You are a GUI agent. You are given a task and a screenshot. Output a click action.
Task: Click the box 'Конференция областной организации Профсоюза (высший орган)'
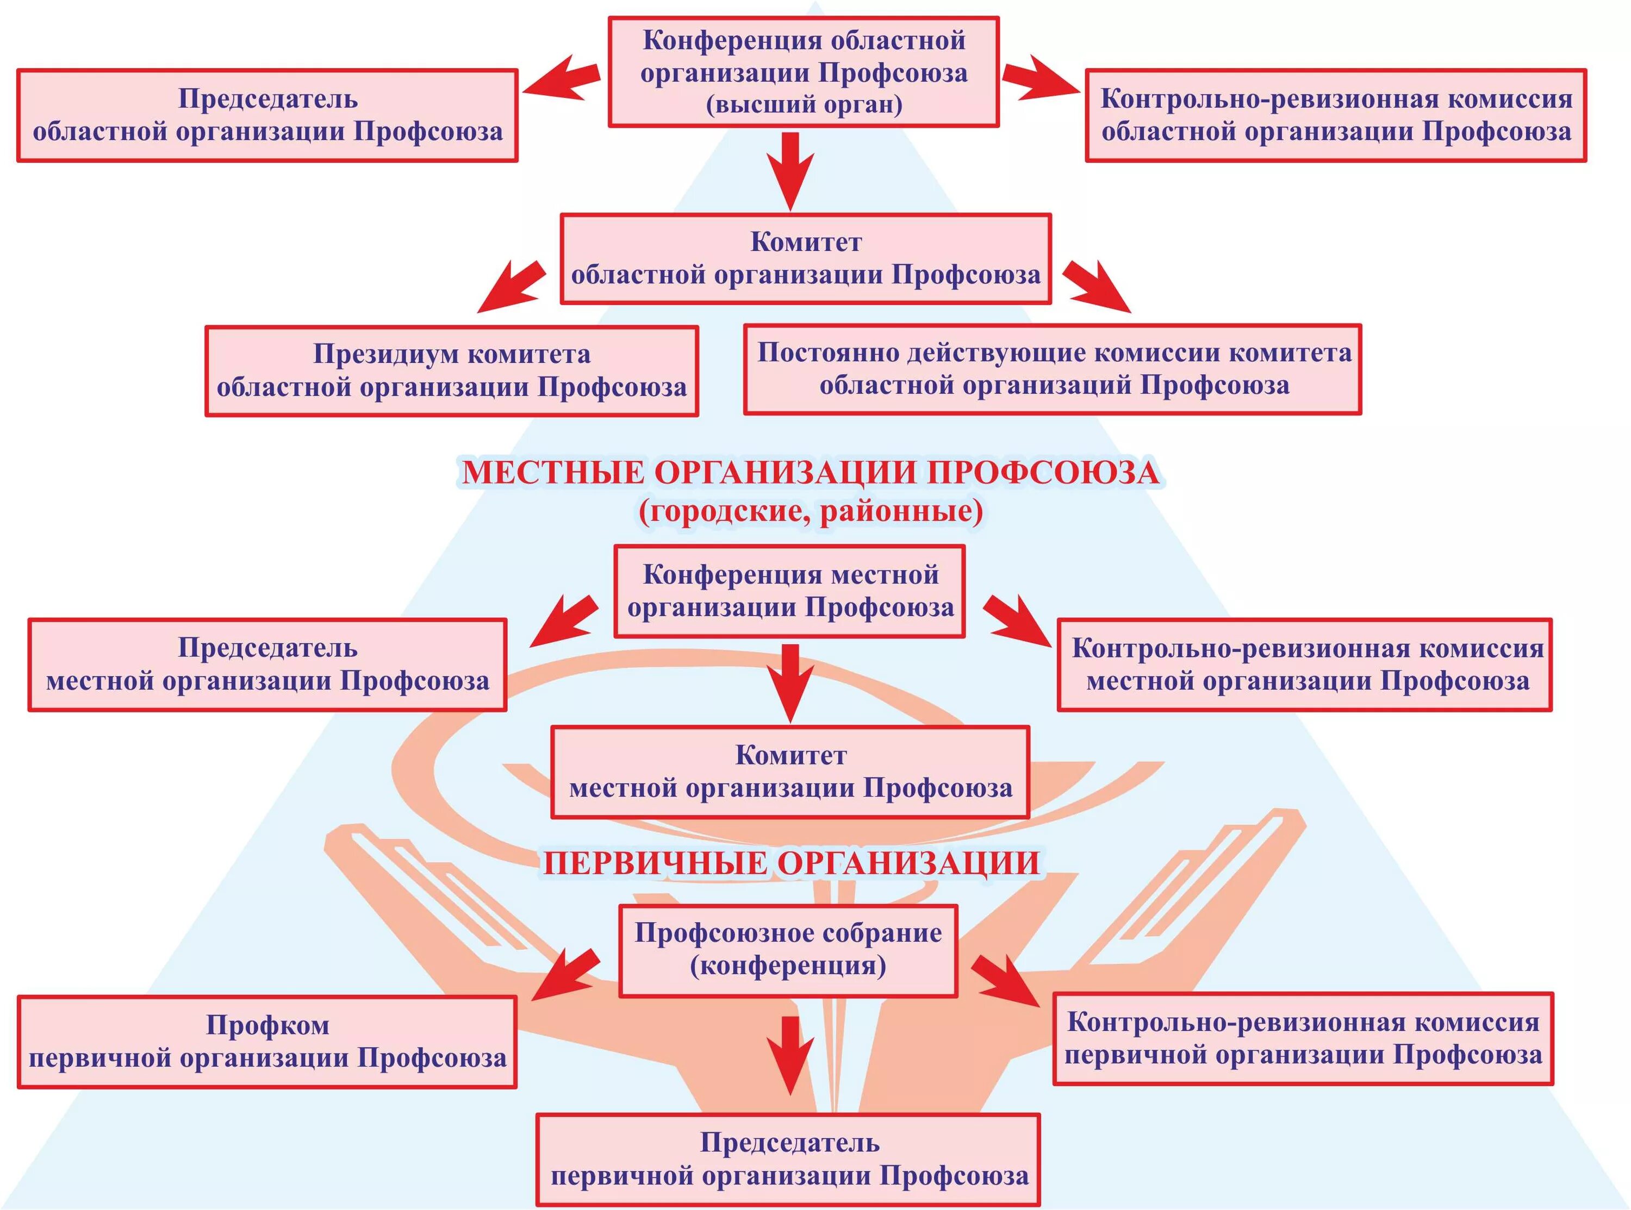click(x=804, y=72)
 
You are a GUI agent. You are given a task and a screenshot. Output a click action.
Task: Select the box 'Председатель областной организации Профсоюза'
click(x=267, y=116)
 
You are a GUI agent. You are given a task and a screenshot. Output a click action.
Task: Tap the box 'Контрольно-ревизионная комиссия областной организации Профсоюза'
click(x=1336, y=116)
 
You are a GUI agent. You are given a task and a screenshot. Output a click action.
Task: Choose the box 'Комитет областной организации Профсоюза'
click(x=805, y=259)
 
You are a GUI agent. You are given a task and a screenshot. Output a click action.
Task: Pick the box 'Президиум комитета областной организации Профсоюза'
click(x=451, y=371)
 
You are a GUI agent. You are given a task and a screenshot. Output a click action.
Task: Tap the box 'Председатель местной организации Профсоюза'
click(x=267, y=665)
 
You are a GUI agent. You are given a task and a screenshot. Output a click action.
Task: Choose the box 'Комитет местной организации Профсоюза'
click(x=790, y=772)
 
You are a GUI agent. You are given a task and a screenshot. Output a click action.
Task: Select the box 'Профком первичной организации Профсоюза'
click(x=267, y=1042)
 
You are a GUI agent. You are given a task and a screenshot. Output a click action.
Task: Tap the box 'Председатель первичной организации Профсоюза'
click(x=788, y=1159)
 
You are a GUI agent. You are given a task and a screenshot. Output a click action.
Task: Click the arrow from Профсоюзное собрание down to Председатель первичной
click(x=789, y=1055)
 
